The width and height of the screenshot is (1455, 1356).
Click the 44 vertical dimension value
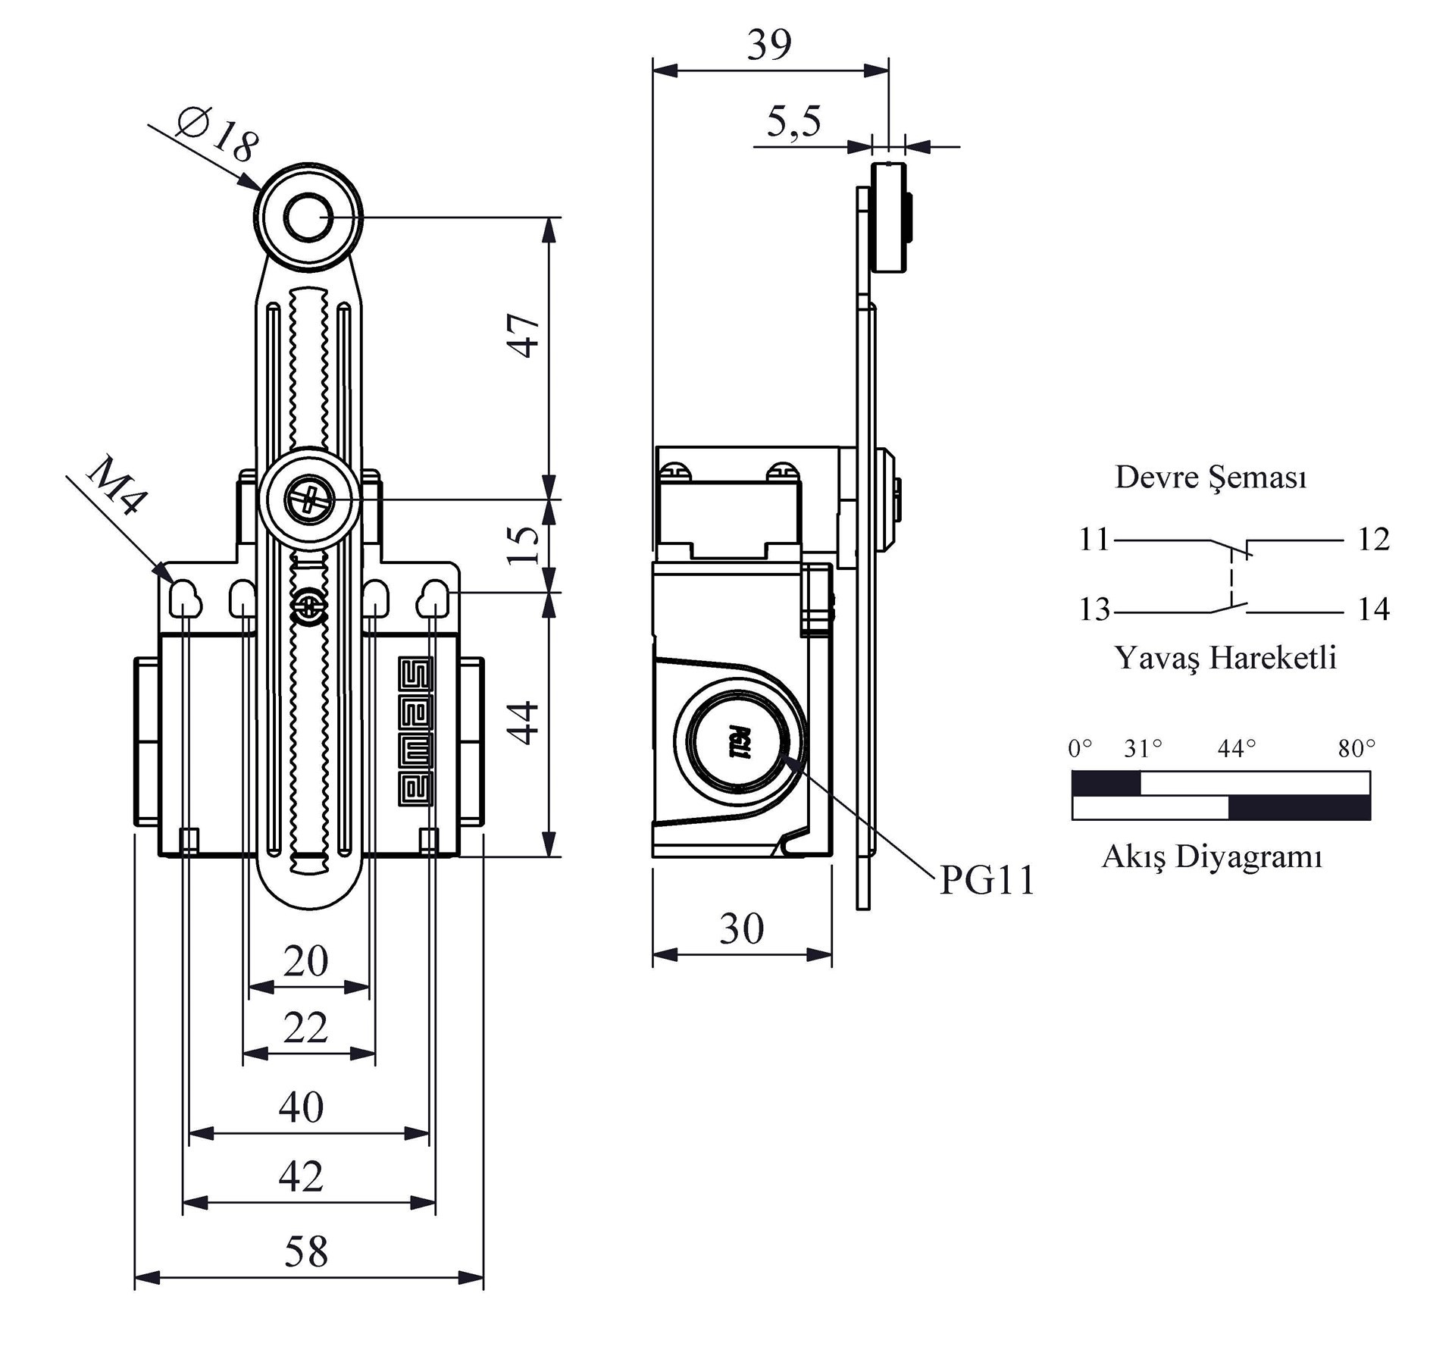523,722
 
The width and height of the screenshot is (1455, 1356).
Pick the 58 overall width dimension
306,1251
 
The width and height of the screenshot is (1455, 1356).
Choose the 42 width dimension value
301,1176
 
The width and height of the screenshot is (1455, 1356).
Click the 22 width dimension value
305,1028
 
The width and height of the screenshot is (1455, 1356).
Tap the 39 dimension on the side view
769,45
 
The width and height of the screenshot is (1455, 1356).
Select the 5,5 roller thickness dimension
793,121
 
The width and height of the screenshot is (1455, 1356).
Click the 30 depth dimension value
741,929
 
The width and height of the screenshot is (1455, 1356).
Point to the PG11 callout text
987,881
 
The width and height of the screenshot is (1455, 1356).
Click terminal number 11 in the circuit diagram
1094,540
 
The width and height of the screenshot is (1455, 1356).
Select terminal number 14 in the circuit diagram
1373,609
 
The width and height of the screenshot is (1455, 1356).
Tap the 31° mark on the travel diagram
1143,749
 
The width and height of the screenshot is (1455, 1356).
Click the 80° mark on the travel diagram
1356,749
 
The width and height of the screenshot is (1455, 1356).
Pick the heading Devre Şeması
1210,478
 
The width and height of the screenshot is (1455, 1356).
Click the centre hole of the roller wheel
308,218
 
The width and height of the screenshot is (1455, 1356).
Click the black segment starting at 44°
1299,808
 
